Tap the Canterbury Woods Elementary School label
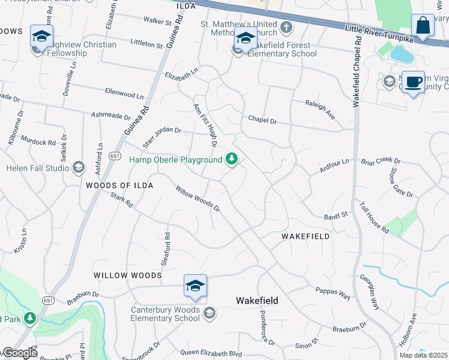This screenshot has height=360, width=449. (x=164, y=314)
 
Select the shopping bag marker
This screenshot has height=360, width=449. (x=423, y=26)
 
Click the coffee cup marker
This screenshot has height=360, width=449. (x=412, y=82)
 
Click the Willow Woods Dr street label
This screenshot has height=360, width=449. (x=198, y=199)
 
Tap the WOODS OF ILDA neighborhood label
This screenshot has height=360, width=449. (x=119, y=185)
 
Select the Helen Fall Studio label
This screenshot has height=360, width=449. (x=38, y=168)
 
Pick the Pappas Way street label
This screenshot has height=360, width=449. (x=332, y=293)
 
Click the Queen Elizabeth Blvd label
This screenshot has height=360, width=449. (x=211, y=354)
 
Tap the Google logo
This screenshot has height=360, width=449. (x=19, y=353)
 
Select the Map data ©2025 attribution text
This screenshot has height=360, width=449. (x=424, y=355)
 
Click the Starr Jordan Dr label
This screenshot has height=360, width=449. (x=162, y=137)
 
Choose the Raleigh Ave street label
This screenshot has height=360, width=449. (x=319, y=110)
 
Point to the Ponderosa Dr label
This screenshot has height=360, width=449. (x=267, y=328)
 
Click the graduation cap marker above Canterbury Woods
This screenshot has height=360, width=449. (x=195, y=286)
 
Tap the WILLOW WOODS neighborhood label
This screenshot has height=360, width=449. (x=127, y=275)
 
